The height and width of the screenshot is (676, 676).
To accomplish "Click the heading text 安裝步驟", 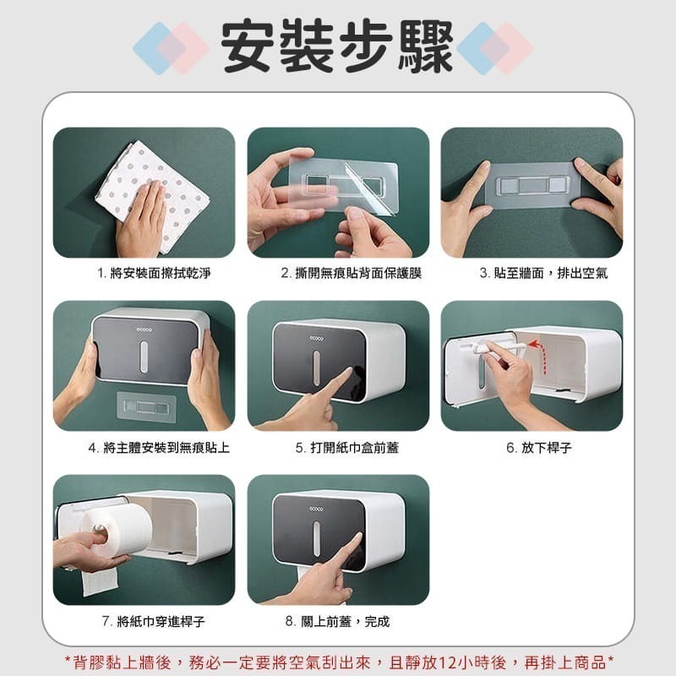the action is tap(336, 46).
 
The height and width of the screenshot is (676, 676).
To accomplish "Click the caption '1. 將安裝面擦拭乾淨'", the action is tap(154, 273).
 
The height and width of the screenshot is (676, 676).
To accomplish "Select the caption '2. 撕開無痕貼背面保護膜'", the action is tap(352, 273).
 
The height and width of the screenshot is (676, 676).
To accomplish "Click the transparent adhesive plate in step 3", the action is tap(533, 185).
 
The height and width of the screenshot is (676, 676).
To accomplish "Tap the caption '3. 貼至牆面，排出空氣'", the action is tap(543, 273).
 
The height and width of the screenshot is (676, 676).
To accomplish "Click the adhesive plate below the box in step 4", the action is tap(146, 406).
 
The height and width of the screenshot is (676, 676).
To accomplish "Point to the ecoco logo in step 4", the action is tap(144, 330).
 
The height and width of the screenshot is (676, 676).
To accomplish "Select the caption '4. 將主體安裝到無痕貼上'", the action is tap(159, 448).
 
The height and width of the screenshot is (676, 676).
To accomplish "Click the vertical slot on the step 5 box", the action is tap(316, 368).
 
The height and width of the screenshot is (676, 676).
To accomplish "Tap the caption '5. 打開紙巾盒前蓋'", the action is tap(347, 448).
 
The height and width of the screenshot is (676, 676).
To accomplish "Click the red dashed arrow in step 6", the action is tap(542, 356).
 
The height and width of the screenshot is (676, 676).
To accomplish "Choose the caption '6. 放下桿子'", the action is tap(539, 448).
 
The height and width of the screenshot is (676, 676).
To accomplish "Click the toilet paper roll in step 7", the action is tap(117, 530).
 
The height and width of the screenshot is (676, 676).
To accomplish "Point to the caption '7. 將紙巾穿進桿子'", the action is tap(154, 621).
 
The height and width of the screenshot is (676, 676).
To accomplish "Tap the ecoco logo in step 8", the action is tap(316, 510).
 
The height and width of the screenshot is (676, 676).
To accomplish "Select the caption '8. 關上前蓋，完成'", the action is tap(337, 621).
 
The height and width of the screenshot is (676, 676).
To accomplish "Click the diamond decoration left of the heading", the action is tap(171, 48).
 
